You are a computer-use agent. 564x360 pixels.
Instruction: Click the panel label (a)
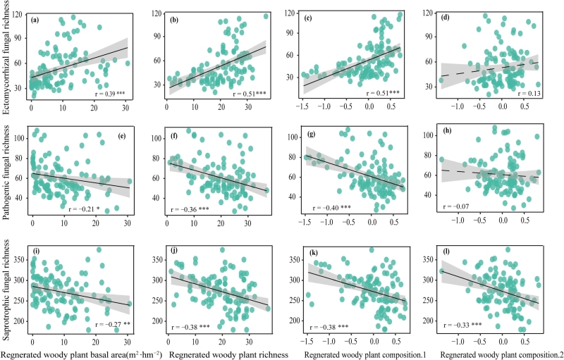pyautogui.click(x=34, y=20)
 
